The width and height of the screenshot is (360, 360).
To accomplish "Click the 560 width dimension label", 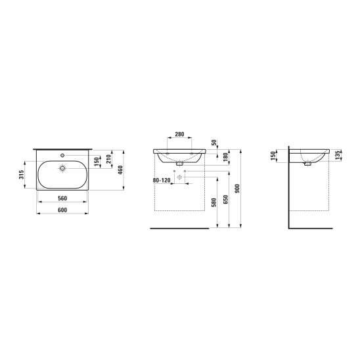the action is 62,198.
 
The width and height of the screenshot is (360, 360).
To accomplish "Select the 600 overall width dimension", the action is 62,210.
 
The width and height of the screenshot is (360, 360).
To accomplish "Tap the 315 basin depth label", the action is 22,175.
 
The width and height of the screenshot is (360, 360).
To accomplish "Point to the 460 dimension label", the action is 120,170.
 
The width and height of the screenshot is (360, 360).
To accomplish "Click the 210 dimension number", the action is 108,159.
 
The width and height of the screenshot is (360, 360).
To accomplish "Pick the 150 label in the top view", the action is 97,162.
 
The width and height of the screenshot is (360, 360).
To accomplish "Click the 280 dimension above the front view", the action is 179,134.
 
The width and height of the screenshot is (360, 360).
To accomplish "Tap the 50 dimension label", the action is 214,143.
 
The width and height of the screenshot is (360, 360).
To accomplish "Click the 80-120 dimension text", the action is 162,181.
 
